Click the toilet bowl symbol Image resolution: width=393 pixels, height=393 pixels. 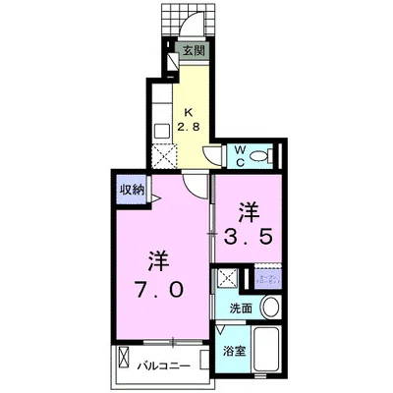tap(260, 154)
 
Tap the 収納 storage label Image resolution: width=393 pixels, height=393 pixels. tap(132, 190)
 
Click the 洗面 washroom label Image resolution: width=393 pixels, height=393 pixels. tap(240, 308)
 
